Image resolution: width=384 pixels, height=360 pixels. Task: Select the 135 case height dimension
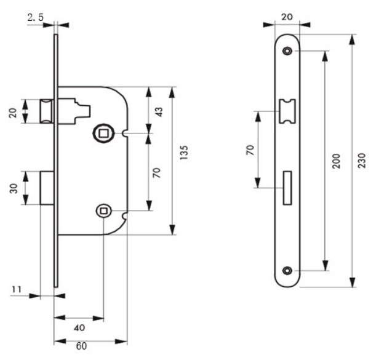pyautogui.click(x=184, y=153)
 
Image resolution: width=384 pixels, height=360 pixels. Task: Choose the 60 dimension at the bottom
pyautogui.click(x=81, y=346)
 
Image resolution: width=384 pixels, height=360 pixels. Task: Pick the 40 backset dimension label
pyautogui.click(x=79, y=327)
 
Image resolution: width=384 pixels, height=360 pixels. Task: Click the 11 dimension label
pyautogui.click(x=17, y=288)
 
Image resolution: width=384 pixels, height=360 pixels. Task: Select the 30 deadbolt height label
pyautogui.click(x=14, y=188)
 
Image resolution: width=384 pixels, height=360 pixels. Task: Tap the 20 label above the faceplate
pyautogui.click(x=287, y=18)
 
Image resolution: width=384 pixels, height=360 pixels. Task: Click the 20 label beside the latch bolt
pyautogui.click(x=14, y=111)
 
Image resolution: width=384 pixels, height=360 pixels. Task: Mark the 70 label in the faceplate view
pyautogui.click(x=250, y=150)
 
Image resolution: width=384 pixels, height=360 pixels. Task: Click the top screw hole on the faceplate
pyautogui.click(x=287, y=52)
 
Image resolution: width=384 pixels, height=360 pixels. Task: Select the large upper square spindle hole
pyautogui.click(x=103, y=133)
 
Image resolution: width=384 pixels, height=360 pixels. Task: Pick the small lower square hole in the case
pyautogui.click(x=103, y=211)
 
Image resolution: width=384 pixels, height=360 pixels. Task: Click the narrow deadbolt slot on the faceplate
pyautogui.click(x=287, y=186)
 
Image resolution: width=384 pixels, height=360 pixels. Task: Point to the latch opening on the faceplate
pyautogui.click(x=287, y=111)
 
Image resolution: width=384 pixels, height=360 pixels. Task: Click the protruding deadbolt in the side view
pyautogui.click(x=46, y=188)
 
